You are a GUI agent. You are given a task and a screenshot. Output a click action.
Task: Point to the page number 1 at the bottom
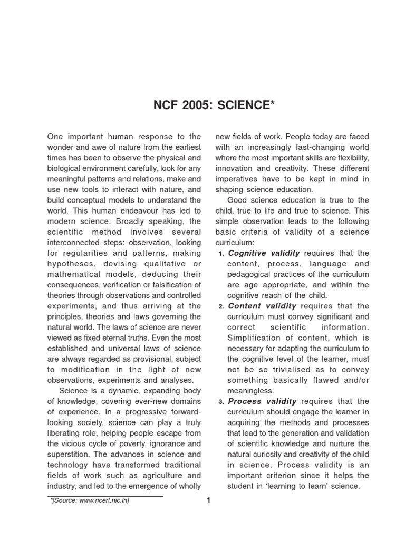[209, 500]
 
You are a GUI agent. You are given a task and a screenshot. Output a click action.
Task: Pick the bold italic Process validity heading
[262, 401]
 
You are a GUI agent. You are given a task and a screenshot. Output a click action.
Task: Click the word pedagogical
[251, 274]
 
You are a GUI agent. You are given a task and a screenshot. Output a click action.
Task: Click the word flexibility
[350, 158]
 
